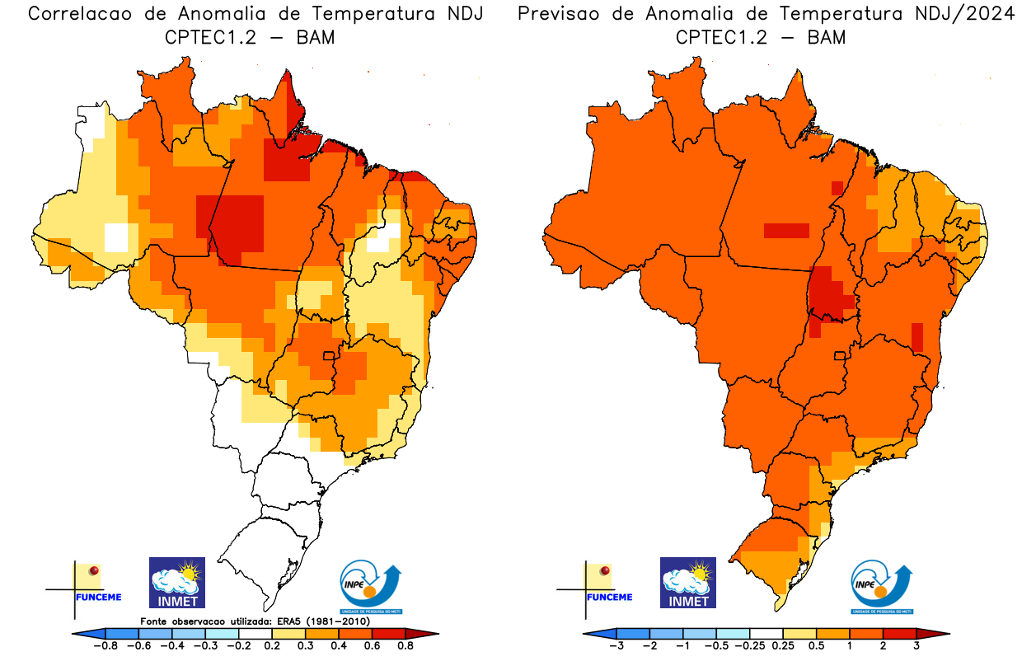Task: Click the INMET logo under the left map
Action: [x=176, y=582]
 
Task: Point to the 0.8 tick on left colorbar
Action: [x=406, y=646]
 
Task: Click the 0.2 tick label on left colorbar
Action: [x=272, y=646]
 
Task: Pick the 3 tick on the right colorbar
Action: [x=917, y=646]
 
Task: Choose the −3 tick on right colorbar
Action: [x=616, y=646]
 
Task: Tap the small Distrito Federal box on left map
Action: [x=328, y=356]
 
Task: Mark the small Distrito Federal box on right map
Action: [x=840, y=356]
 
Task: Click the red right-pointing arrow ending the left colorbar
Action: [x=430, y=633]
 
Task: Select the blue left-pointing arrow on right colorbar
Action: [x=593, y=633]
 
